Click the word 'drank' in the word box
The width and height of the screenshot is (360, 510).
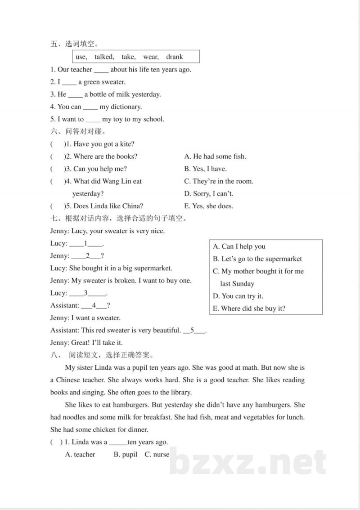(175, 57)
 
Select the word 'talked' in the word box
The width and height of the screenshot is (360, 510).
(104, 57)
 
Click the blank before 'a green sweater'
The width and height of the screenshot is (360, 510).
(69, 82)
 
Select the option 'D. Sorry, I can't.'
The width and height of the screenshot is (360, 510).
(209, 194)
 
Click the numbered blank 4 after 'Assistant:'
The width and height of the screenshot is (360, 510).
(94, 305)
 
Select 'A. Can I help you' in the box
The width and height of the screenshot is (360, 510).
(239, 246)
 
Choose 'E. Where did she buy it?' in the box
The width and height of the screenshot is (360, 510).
(249, 309)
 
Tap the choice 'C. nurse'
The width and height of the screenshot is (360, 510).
(157, 455)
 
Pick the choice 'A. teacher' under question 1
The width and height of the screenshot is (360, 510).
(80, 455)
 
